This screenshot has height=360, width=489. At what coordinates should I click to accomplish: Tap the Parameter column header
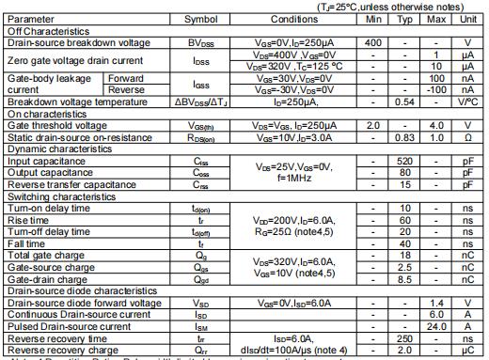point(30,18)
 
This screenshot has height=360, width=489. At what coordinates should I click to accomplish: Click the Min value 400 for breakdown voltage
point(373,42)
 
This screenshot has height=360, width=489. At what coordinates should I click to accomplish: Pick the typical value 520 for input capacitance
point(405,161)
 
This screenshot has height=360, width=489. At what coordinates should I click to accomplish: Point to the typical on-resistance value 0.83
point(405,137)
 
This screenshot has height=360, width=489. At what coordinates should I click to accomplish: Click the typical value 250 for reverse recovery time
point(405,338)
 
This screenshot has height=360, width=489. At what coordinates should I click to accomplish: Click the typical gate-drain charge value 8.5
point(405,279)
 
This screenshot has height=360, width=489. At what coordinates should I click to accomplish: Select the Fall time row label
point(28,243)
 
